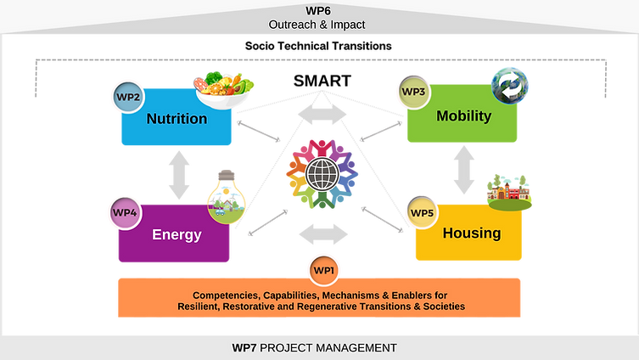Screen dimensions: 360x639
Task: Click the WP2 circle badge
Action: point(127,98)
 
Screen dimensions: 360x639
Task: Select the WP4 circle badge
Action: point(125,211)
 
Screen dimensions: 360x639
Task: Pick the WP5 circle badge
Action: point(421,212)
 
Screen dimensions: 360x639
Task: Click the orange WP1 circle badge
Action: point(323,270)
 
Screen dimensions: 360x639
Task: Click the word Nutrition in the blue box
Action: point(177,119)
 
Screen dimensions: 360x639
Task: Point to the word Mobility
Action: point(463,116)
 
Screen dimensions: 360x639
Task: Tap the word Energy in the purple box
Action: point(177,234)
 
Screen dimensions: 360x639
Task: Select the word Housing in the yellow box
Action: point(471,233)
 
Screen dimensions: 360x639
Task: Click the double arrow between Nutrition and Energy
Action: point(178,175)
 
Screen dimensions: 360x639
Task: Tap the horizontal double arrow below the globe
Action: point(322,233)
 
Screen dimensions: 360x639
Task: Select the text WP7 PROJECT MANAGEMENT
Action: point(314,348)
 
